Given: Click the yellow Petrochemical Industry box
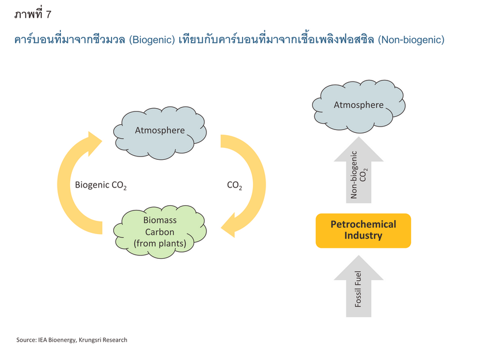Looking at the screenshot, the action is (x=363, y=231).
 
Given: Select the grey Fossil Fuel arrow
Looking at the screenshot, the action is (x=359, y=286).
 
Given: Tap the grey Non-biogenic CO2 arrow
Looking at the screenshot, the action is (x=359, y=170).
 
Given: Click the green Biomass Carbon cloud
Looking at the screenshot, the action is (x=160, y=232).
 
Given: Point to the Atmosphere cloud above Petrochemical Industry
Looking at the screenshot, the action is (x=359, y=106).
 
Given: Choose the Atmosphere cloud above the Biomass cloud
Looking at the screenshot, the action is (x=160, y=133).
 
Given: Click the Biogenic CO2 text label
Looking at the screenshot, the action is (x=101, y=185).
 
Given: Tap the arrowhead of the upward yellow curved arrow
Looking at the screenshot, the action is (x=95, y=143).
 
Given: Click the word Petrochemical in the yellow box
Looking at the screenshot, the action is (x=363, y=224).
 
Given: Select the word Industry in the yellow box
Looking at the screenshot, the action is (x=363, y=236).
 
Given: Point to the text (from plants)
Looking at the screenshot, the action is (x=160, y=243).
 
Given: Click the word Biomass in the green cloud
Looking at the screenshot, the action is (x=160, y=220).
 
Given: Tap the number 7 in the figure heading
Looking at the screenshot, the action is (x=48, y=14).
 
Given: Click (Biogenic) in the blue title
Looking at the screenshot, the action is (x=152, y=40).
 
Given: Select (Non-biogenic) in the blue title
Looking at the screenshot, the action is (x=411, y=40).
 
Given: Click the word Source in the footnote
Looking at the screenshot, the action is (x=26, y=340).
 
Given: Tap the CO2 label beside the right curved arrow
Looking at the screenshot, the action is (x=234, y=185).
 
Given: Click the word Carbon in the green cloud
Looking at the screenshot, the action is (x=160, y=232).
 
